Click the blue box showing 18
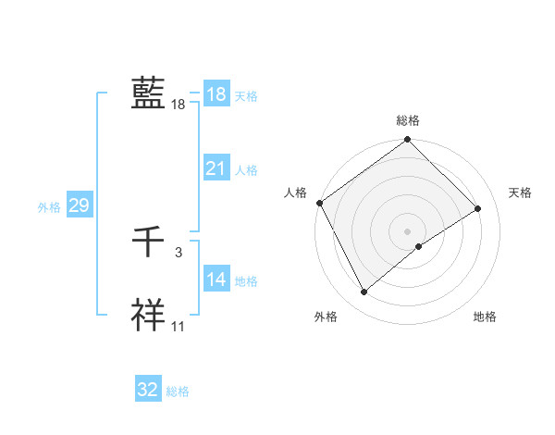coord(216,94)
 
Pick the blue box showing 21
coord(216,168)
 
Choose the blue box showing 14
coord(216,280)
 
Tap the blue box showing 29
coord(79,205)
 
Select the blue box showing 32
coord(148,390)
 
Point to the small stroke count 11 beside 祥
coord(179,327)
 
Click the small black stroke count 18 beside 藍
coord(179,105)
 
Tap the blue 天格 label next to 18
coord(246,96)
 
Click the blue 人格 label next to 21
coord(246,170)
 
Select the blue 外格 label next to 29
coord(49,207)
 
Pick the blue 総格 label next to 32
coord(178,391)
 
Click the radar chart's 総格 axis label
coord(408,120)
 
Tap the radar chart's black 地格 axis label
coord(485,317)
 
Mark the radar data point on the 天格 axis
coord(478,208)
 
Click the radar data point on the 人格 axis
coord(319,203)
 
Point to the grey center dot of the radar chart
coord(407,230)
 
